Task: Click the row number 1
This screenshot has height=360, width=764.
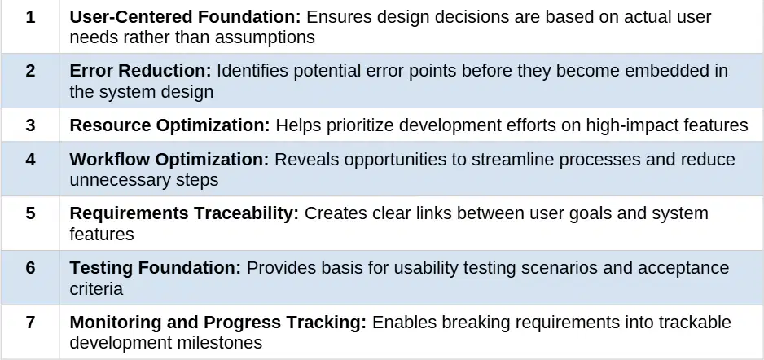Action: (30, 18)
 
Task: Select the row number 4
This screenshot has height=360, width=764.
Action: (30, 160)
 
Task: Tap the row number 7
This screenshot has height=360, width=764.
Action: (30, 323)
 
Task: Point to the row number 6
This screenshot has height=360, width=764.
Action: (30, 268)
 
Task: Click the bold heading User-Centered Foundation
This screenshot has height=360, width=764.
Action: (186, 18)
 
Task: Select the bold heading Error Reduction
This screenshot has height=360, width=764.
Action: (141, 71)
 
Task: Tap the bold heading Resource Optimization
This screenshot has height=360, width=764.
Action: (169, 125)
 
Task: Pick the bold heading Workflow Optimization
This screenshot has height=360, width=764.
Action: (169, 160)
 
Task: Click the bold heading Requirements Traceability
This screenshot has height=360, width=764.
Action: (184, 214)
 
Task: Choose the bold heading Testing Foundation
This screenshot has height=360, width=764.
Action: (156, 268)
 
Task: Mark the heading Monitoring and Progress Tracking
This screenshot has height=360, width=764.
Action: (217, 323)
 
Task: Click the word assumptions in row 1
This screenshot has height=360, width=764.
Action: (265, 38)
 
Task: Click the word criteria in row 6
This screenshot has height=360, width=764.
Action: (96, 289)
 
